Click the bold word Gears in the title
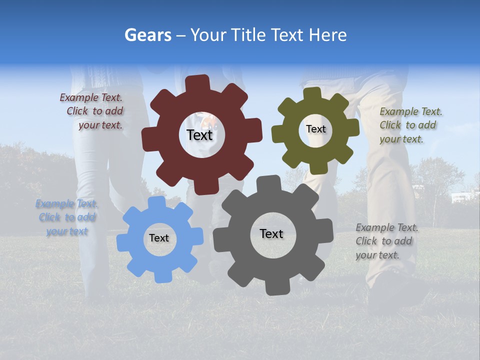coord(147,35)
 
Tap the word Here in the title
coord(328,35)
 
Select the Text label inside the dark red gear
coord(199,135)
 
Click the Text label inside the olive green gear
coord(315,129)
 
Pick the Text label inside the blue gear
coord(159,238)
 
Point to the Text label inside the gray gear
coord(271,234)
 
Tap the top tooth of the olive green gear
coord(312,94)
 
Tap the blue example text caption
coord(67,217)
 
